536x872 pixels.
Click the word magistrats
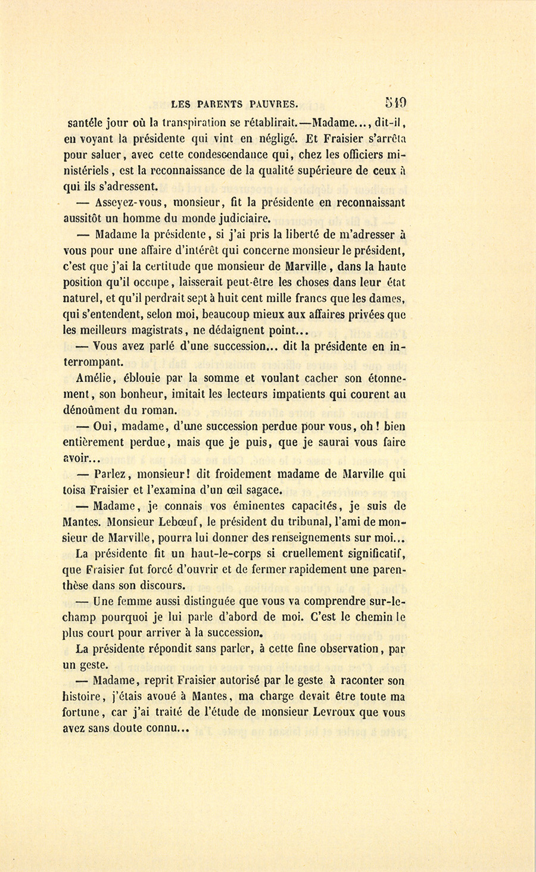point(157,331)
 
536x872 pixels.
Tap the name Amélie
point(96,378)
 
